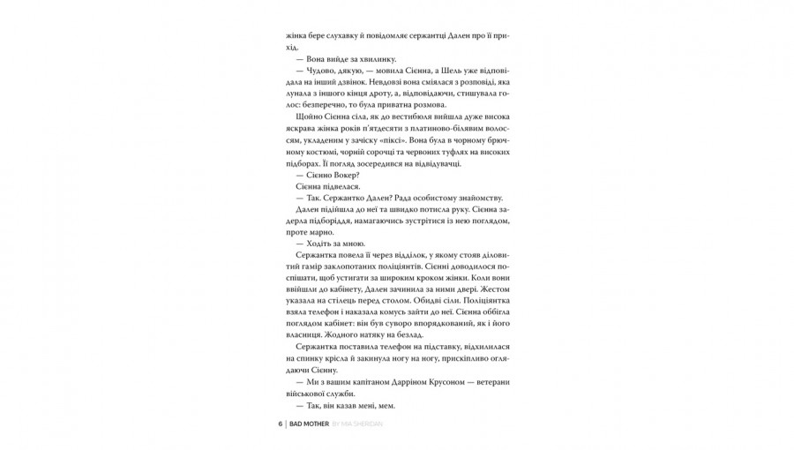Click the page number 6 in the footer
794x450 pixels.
click(280, 424)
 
